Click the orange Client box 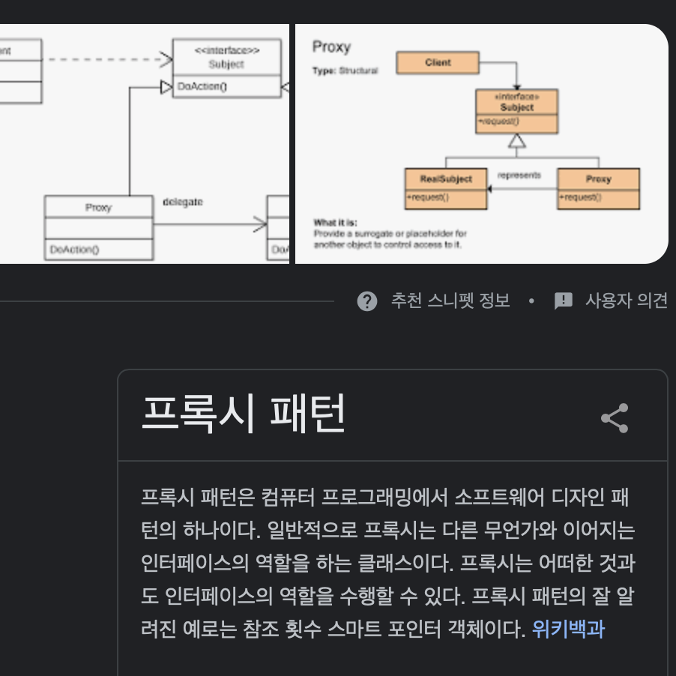[x=438, y=63]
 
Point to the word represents [x=519, y=175]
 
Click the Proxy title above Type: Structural [x=331, y=47]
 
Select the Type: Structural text [x=345, y=70]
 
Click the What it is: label [x=335, y=223]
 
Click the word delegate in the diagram [x=183, y=202]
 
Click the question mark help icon [x=367, y=301]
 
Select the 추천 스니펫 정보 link [x=450, y=301]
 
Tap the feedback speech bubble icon [x=563, y=301]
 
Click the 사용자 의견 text [x=626, y=301]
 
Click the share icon [x=615, y=418]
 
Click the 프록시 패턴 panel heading [x=244, y=414]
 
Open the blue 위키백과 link [x=568, y=628]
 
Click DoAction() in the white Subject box [x=202, y=87]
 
